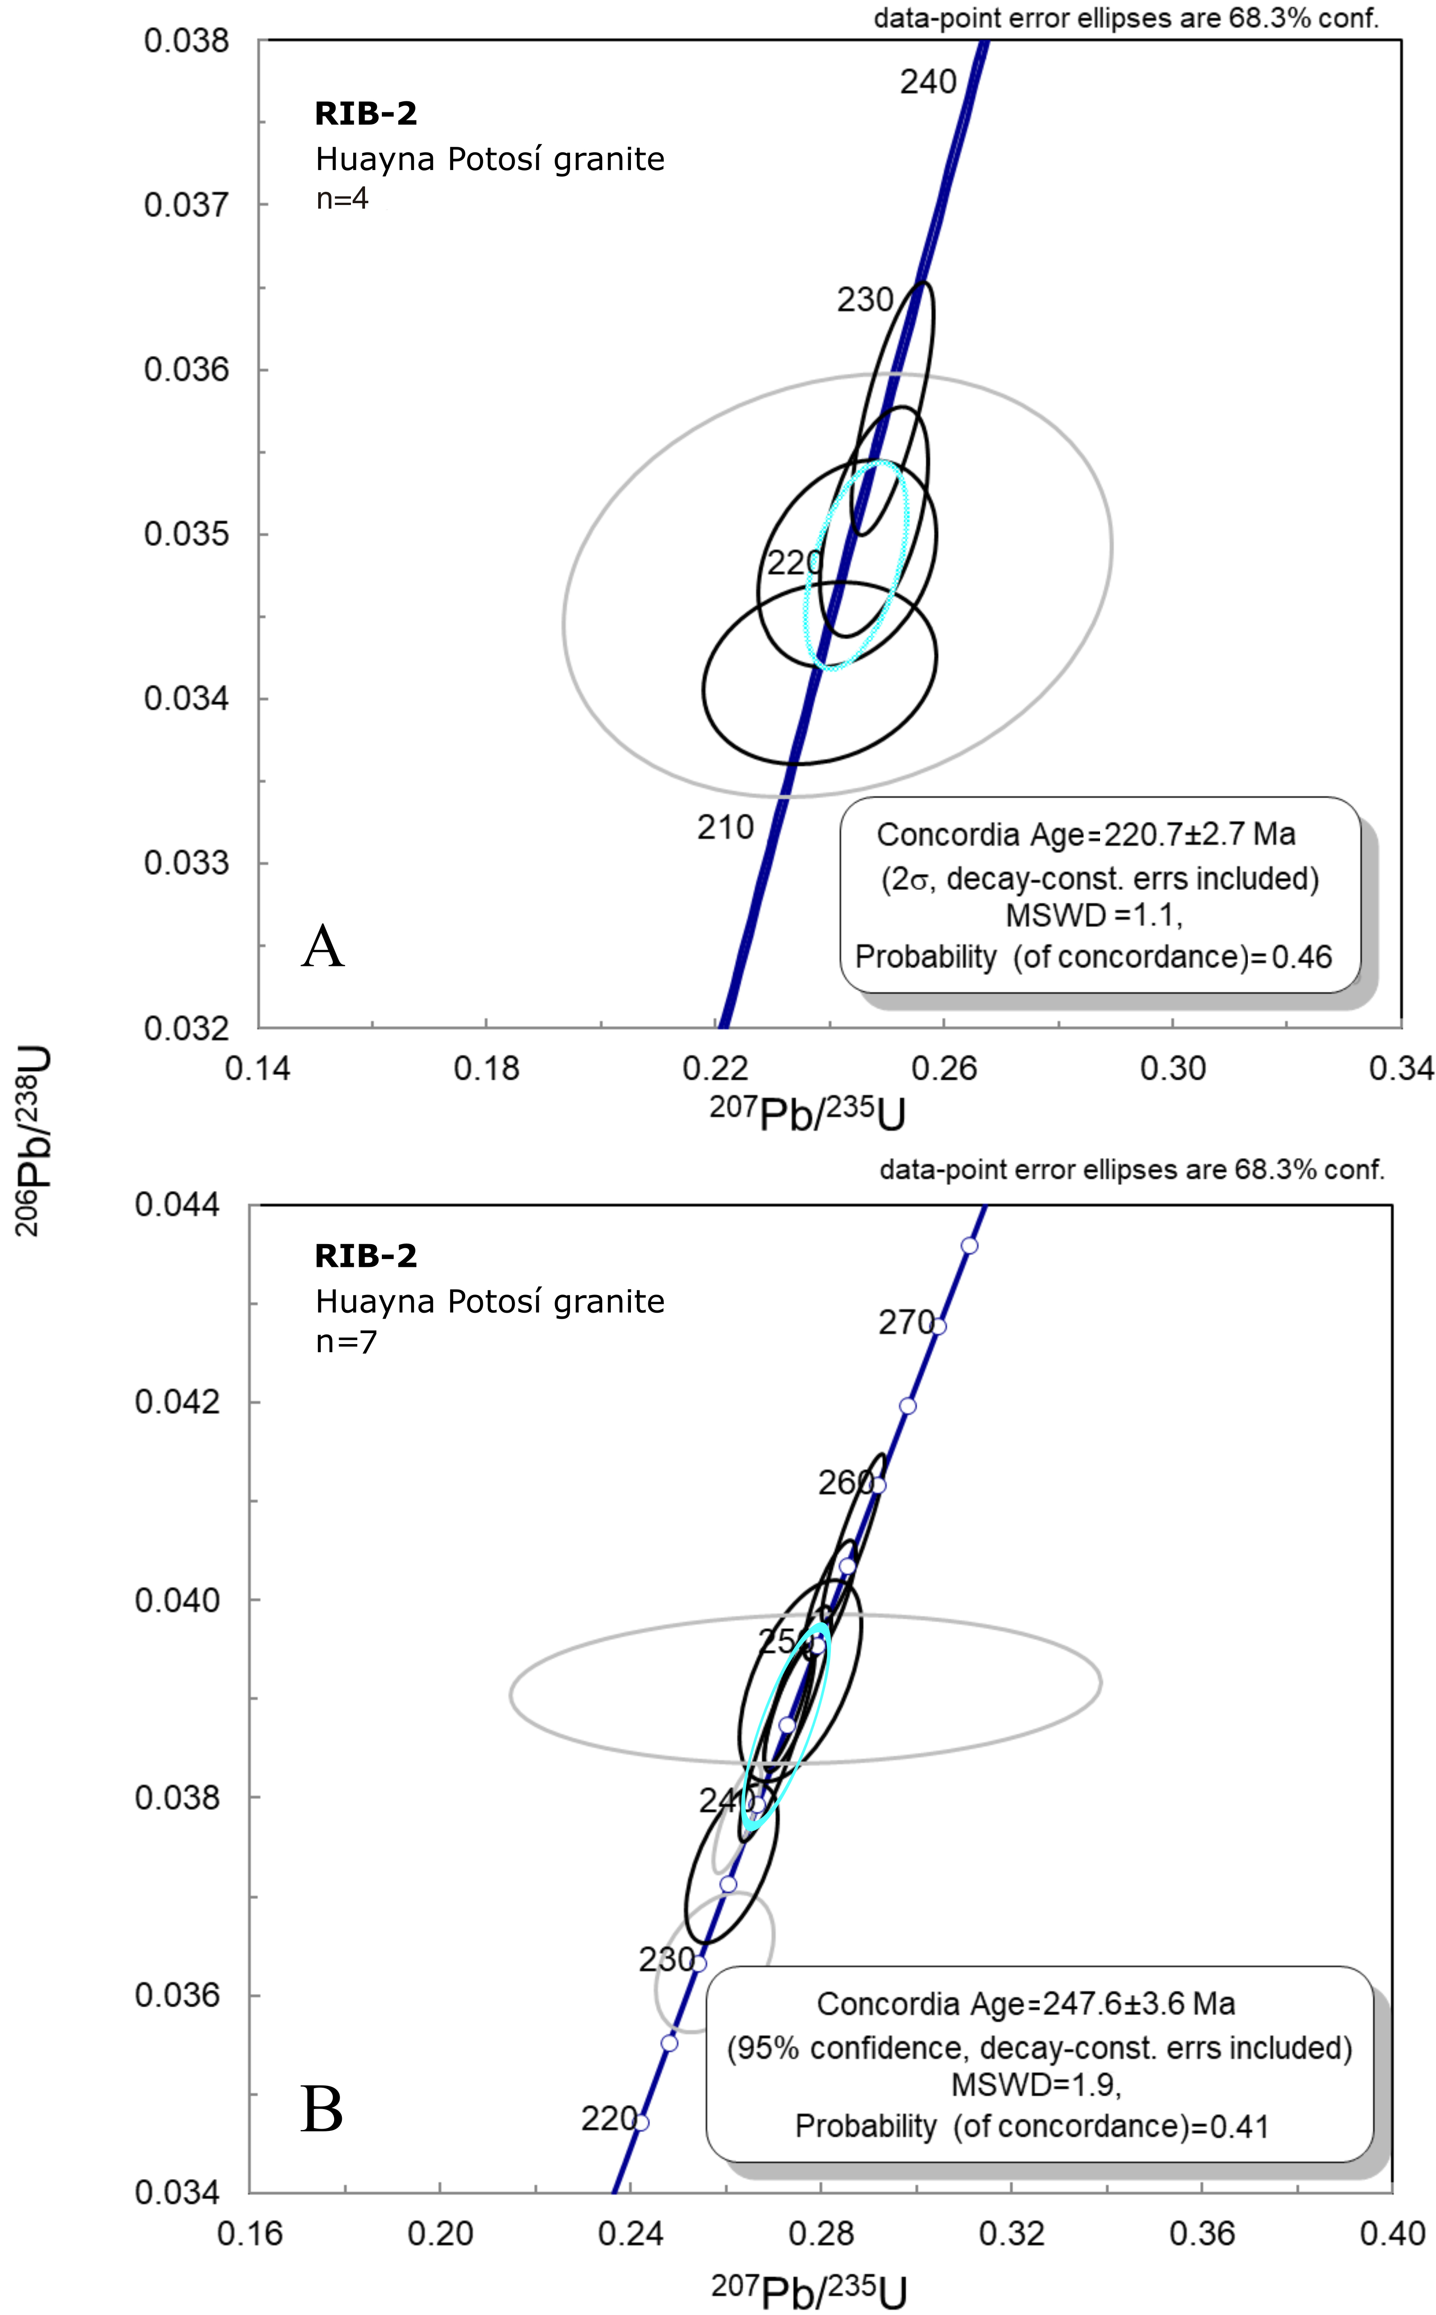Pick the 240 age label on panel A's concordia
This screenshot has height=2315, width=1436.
coord(928,83)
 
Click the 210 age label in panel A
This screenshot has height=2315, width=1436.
coord(726,828)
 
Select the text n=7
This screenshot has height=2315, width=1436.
coord(345,1342)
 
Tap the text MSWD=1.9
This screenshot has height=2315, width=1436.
coord(1035,2085)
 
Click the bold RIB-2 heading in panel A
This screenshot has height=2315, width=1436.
coord(365,114)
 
